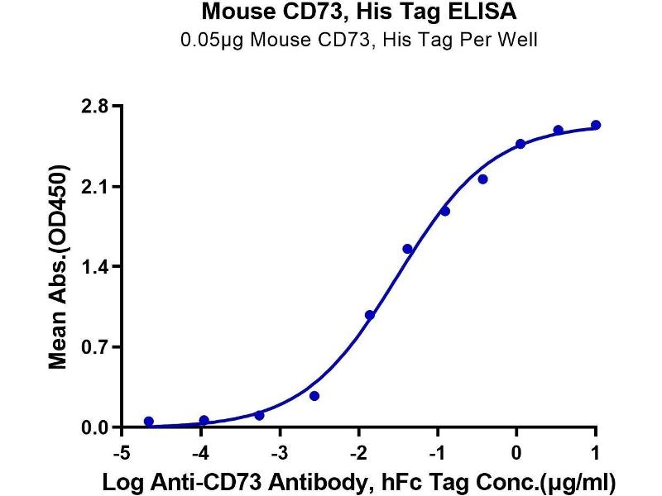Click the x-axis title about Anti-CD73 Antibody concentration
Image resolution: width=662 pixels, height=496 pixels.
pyautogui.click(x=359, y=480)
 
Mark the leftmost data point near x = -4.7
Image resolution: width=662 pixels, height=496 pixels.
pyautogui.click(x=149, y=422)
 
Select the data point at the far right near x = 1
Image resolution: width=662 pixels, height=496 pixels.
pyautogui.click(x=596, y=125)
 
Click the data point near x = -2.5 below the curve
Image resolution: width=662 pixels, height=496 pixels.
pyautogui.click(x=314, y=396)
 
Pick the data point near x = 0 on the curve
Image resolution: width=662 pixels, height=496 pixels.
pyautogui.click(x=520, y=144)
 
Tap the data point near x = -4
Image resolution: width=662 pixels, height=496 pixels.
pyautogui.click(x=204, y=421)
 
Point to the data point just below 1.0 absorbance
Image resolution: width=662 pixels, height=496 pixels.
pyautogui.click(x=370, y=315)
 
